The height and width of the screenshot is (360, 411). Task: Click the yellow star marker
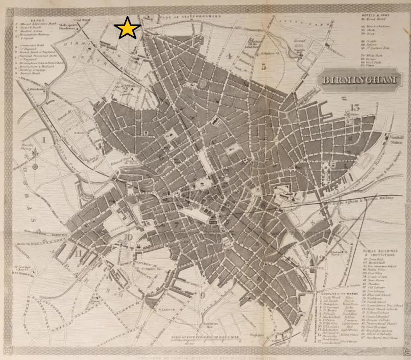click(x=127, y=28)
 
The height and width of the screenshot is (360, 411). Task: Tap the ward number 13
click(x=355, y=107)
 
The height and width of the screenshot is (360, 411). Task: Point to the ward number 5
click(x=264, y=67)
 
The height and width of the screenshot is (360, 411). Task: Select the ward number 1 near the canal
click(x=44, y=140)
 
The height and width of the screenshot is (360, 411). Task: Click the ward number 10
click(x=128, y=237)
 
